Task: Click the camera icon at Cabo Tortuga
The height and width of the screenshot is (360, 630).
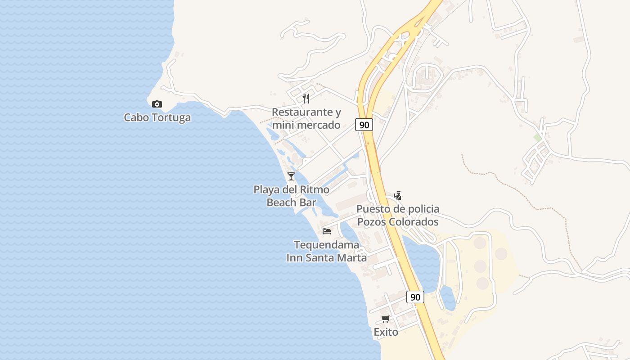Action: (157, 104)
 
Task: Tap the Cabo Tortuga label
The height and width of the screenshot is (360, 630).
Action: (157, 118)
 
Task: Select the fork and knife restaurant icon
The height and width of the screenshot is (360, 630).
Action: (306, 99)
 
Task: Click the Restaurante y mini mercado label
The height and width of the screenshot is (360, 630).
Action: (306, 118)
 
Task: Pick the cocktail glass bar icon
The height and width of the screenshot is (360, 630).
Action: (291, 176)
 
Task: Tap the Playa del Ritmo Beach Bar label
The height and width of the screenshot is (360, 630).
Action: (291, 196)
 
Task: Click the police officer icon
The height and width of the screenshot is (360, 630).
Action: (397, 195)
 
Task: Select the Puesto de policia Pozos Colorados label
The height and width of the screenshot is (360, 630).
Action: (398, 216)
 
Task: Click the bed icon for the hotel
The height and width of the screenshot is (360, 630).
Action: (327, 231)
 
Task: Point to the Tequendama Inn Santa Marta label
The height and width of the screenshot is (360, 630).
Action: (327, 252)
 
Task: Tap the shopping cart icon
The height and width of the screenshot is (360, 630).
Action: (385, 319)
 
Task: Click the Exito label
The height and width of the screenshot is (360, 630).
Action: (386, 332)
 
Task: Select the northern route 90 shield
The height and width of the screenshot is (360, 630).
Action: (364, 125)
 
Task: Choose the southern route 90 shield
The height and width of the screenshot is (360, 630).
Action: (415, 297)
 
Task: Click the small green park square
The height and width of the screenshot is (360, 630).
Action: (537, 137)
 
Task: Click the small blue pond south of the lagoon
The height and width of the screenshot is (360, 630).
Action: (448, 298)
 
